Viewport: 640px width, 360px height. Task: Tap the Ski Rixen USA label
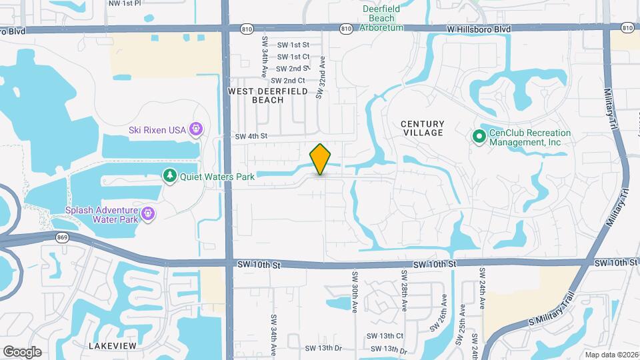click(157, 129)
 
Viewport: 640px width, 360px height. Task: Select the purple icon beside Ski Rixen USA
click(196, 129)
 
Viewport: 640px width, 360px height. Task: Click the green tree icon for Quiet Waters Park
click(171, 176)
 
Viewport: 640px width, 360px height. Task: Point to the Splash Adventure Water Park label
click(102, 214)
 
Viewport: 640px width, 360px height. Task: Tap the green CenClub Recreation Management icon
click(479, 137)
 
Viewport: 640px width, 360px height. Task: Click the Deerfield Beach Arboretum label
click(382, 18)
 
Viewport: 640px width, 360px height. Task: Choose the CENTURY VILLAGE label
click(422, 128)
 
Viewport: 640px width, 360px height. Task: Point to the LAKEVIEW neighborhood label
click(113, 346)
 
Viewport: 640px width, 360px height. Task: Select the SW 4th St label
click(251, 136)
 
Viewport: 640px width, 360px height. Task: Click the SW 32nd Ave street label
click(321, 77)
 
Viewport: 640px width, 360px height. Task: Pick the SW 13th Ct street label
click(387, 336)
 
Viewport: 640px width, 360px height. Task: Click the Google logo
click(22, 351)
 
